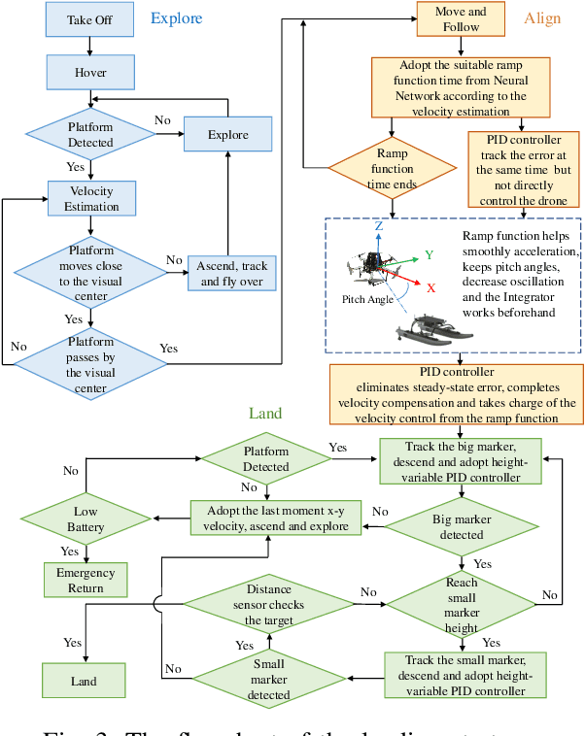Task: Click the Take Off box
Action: (x=88, y=20)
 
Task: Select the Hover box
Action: (x=90, y=72)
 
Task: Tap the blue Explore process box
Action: (x=227, y=135)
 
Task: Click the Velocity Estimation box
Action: (x=91, y=198)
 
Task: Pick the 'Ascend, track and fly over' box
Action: (x=231, y=273)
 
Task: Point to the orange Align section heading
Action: (x=542, y=18)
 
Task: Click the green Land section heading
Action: (x=264, y=414)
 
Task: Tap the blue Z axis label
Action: (x=378, y=225)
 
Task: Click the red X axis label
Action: (x=430, y=287)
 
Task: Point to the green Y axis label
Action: (x=427, y=254)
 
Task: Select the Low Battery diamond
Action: (x=86, y=519)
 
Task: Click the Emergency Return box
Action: (x=86, y=580)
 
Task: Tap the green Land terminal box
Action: (x=84, y=681)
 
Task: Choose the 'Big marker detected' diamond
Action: (x=461, y=527)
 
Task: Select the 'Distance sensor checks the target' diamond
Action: (x=269, y=605)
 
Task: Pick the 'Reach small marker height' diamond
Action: (x=463, y=605)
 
